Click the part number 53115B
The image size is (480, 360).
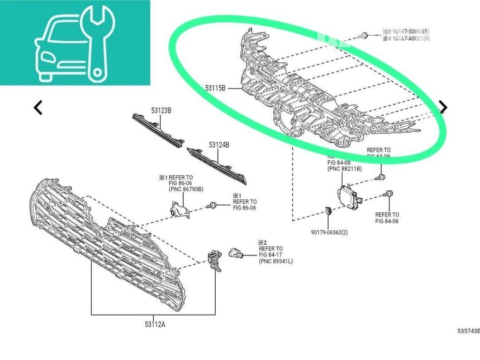(216, 88)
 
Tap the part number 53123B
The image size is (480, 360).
(161, 111)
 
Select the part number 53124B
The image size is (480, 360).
(219, 145)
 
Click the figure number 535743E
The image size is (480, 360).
(468, 331)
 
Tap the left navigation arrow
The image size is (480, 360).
(38, 107)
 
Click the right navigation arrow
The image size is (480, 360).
(443, 107)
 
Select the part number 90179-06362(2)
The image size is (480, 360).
(329, 232)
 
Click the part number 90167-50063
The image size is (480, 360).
(407, 31)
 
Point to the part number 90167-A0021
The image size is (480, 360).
(407, 38)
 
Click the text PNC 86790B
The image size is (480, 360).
(186, 189)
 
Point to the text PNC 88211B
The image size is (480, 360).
(344, 168)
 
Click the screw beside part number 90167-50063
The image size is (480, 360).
(364, 35)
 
